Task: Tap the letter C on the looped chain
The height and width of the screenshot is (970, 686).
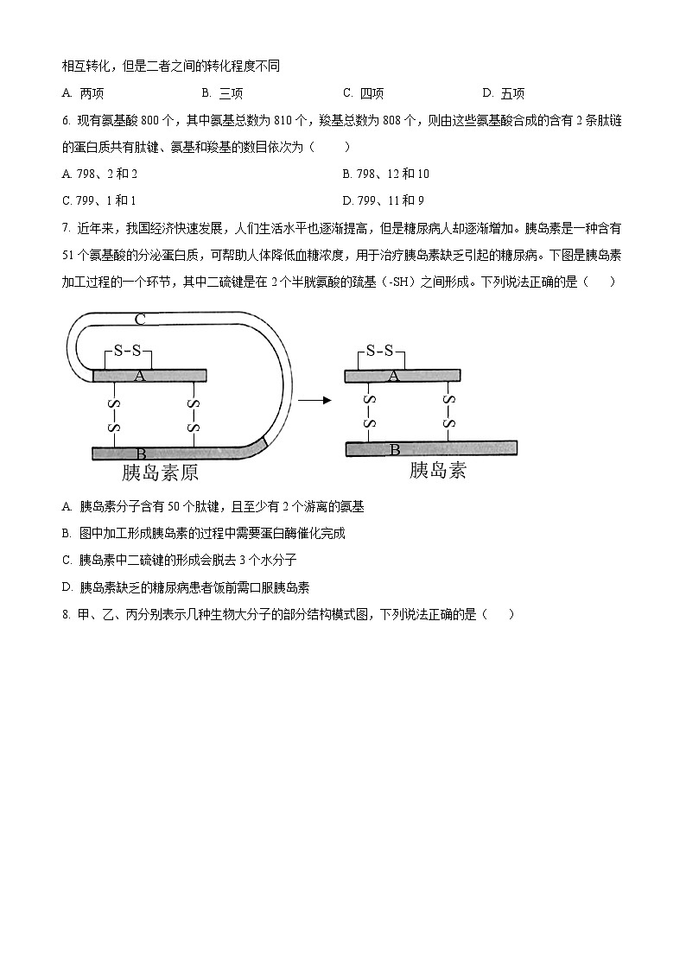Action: coord(139,319)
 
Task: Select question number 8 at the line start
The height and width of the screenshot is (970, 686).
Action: coord(67,614)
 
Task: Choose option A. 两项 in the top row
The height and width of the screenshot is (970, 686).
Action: coord(84,93)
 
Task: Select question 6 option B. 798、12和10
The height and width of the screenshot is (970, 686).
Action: coord(385,174)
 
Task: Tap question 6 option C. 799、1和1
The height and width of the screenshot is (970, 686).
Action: coord(99,200)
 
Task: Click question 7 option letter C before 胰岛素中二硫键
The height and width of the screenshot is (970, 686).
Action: coord(67,560)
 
